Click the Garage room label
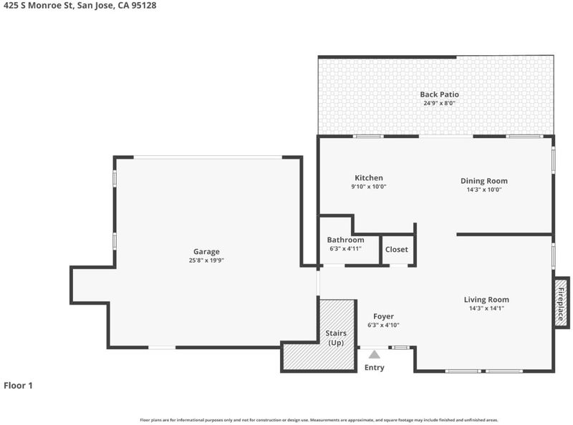(206, 252)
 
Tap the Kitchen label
(369, 178)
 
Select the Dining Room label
(484, 181)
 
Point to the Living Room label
(486, 299)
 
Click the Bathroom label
(345, 240)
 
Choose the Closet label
(397, 250)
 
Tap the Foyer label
(383, 316)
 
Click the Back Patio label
(439, 94)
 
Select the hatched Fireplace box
(561, 303)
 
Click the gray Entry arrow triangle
(374, 354)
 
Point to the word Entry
(374, 367)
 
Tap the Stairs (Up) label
(336, 338)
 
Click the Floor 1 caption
(19, 385)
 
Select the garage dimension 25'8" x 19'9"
(206, 260)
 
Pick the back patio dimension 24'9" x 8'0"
(439, 103)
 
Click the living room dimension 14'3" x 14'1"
(486, 308)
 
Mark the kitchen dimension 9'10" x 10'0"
(369, 187)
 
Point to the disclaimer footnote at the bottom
(319, 420)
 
